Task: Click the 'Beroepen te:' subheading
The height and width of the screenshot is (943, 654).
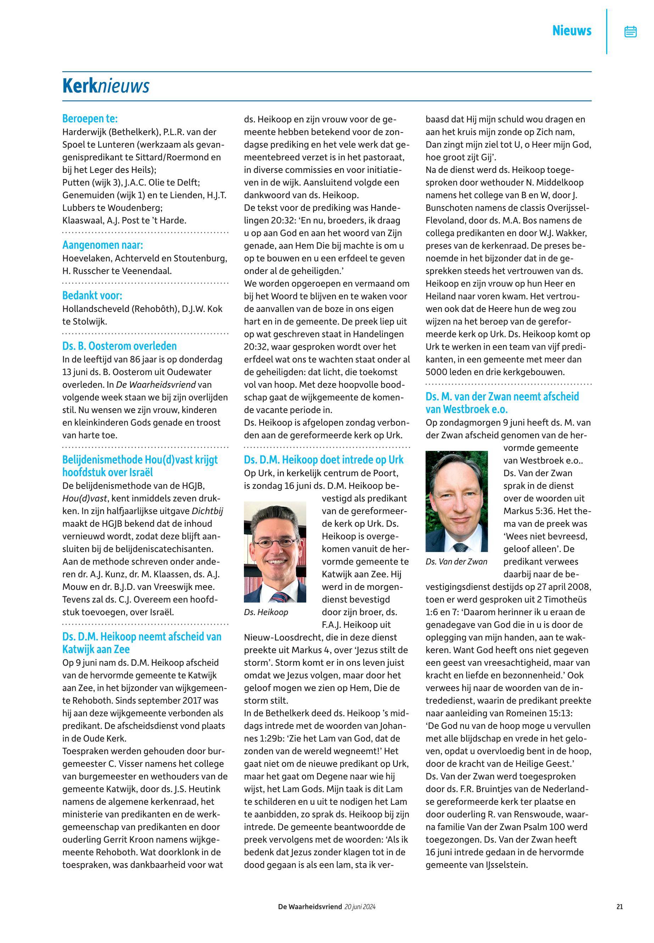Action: tap(90, 119)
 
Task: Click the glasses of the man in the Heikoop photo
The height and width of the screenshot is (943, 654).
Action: tap(276, 543)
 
